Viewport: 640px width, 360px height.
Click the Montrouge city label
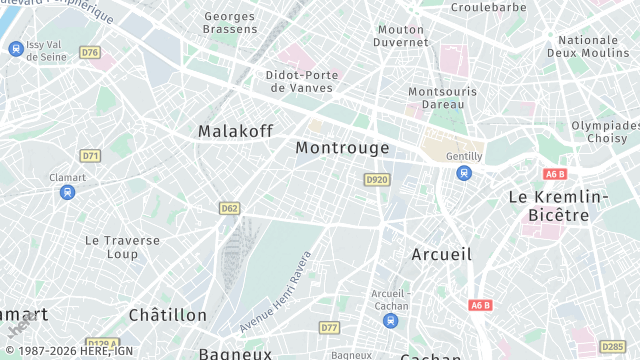click(342, 148)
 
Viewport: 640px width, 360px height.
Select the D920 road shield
click(376, 179)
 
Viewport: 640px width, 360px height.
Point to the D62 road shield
click(229, 208)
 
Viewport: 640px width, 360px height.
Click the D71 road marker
click(90, 155)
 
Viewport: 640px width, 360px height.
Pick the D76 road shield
click(90, 52)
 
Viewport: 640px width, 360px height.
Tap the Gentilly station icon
click(463, 173)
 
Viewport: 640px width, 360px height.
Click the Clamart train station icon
click(67, 192)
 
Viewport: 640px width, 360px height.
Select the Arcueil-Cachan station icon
click(389, 320)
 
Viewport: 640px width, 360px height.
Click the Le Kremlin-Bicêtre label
click(558, 205)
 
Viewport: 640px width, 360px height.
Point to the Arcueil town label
click(441, 254)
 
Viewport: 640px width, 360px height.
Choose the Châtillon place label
click(167, 314)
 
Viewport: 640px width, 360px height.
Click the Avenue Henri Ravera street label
click(275, 291)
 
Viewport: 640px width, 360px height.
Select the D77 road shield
click(329, 327)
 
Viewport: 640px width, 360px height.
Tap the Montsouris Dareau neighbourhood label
click(436, 98)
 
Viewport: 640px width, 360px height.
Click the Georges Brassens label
click(229, 23)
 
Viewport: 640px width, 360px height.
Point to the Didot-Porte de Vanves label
click(302, 81)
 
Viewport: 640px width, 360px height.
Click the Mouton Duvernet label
click(401, 35)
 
